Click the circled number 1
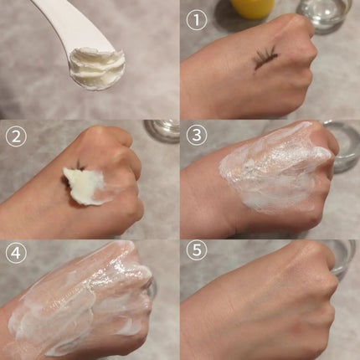(197, 21)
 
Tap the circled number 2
(16, 136)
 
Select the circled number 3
(197, 135)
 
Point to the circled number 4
(16, 253)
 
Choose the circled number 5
(197, 249)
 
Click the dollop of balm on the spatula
(95, 69)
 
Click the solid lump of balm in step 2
(81, 186)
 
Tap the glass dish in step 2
(162, 131)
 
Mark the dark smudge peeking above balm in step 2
(80, 165)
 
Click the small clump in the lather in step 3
(248, 167)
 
